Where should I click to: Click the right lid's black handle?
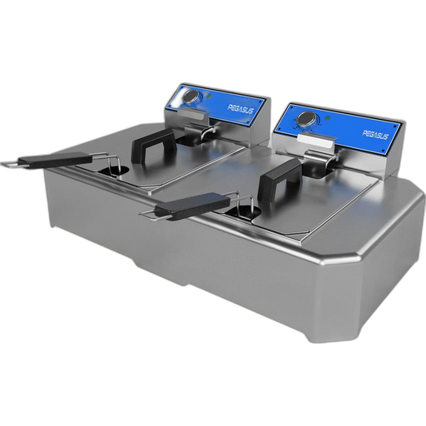281,178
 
